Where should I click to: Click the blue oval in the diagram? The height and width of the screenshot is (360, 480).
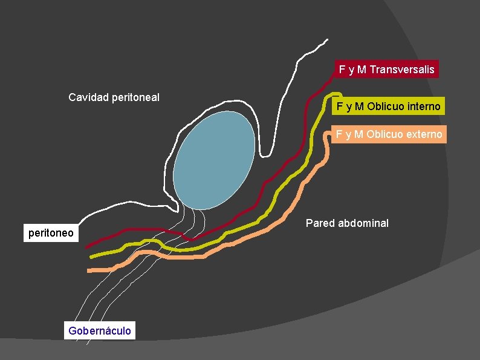[214, 161]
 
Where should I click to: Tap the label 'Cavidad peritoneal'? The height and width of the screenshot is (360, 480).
[114, 97]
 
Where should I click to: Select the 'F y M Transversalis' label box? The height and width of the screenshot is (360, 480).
[386, 70]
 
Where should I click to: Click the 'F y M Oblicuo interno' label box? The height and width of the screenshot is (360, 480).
[389, 107]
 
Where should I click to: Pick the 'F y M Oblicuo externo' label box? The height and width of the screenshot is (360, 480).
[389, 134]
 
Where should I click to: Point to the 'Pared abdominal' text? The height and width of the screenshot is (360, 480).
[347, 223]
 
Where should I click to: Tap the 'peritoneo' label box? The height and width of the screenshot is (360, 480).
[51, 233]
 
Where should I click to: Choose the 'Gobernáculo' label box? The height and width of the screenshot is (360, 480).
[100, 331]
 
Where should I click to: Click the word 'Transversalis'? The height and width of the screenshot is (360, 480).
[402, 70]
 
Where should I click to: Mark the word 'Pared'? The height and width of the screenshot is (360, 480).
[319, 223]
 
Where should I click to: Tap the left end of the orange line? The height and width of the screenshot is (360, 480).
[89, 270]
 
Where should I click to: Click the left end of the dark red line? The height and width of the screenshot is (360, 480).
[87, 247]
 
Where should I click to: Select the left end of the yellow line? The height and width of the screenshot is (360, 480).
[91, 257]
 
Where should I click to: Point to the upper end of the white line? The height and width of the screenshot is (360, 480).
[327, 41]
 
